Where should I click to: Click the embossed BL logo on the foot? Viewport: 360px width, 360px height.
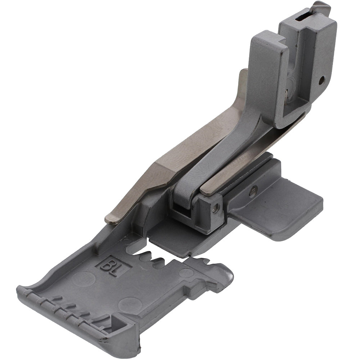point(113,266)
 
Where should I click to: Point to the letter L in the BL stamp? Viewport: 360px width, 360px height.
point(118,269)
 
